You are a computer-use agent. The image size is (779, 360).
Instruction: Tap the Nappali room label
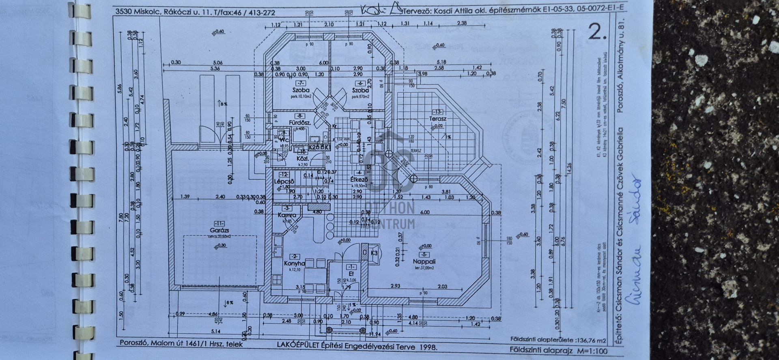coord(421,261)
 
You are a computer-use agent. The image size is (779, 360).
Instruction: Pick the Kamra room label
coord(287,215)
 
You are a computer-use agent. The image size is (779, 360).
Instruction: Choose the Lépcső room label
coord(284,181)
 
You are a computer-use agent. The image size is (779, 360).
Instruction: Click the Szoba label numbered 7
coord(301,90)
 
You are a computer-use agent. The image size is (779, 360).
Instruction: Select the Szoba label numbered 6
coord(360,90)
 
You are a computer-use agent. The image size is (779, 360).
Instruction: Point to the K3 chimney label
coord(374,253)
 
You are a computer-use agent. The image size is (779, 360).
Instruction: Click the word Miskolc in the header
coord(146,12)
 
